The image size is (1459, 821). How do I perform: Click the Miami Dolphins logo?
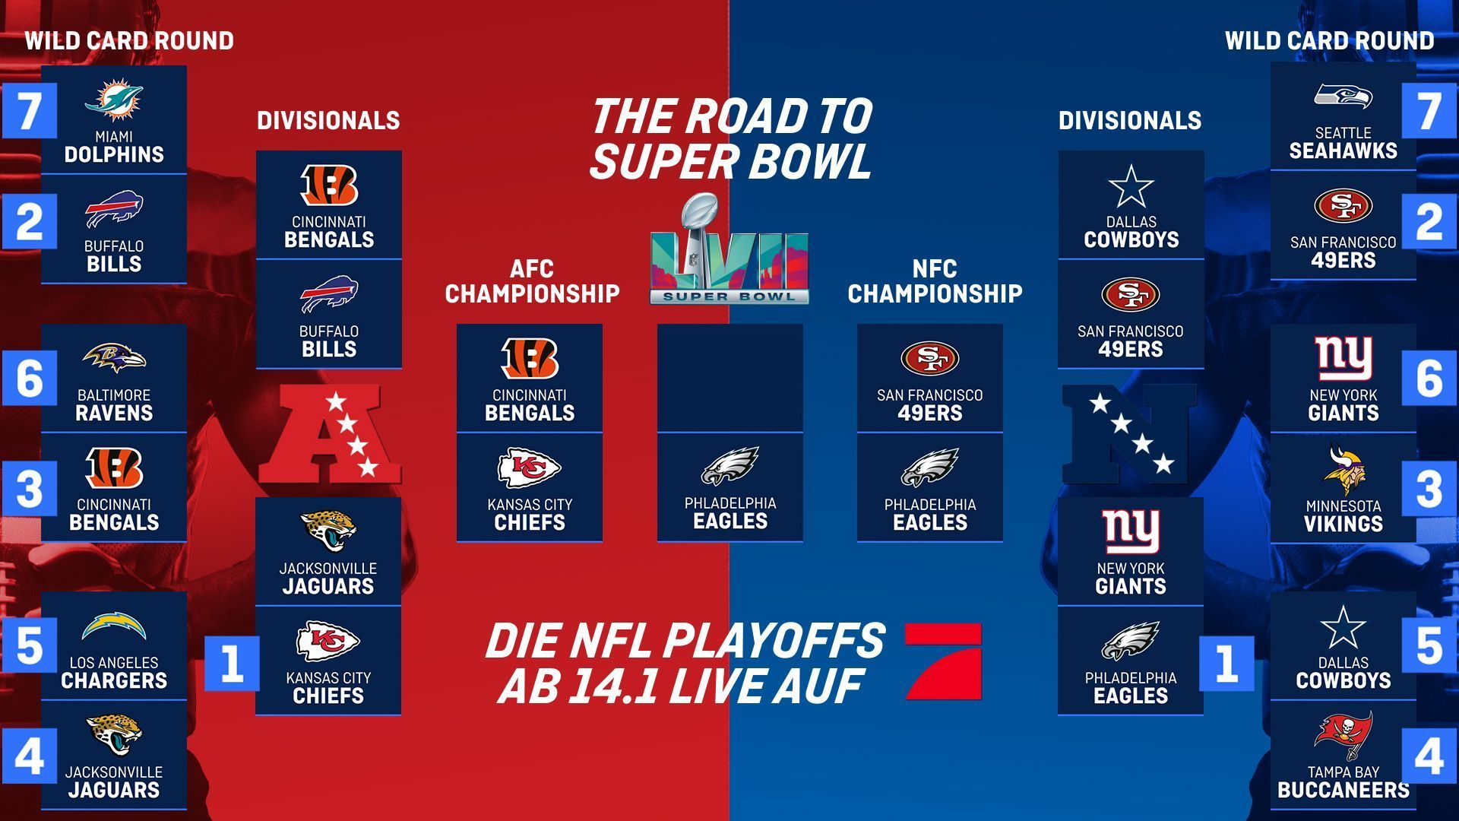click(113, 102)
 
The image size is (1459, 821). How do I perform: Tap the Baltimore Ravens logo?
click(114, 358)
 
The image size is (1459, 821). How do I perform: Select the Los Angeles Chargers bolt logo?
click(114, 626)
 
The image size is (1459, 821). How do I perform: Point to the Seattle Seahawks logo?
click(1343, 97)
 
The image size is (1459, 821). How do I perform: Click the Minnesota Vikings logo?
click(1343, 471)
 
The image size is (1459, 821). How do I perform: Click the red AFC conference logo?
click(329, 433)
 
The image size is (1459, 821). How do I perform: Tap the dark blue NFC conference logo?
click(1129, 433)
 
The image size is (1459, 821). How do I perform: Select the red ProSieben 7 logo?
click(943, 661)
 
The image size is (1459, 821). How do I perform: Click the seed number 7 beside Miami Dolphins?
click(29, 111)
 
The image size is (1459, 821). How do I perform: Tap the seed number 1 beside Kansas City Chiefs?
click(232, 663)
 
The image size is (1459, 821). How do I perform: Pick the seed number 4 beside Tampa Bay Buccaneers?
click(1429, 756)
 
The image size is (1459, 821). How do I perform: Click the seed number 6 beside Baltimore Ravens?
click(29, 378)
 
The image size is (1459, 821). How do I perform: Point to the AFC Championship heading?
click(532, 281)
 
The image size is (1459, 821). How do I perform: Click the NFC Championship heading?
click(935, 281)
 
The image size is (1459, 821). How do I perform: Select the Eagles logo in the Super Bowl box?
click(729, 466)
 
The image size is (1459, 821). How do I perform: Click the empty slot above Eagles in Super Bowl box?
click(729, 378)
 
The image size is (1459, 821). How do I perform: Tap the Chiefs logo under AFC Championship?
click(529, 468)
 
